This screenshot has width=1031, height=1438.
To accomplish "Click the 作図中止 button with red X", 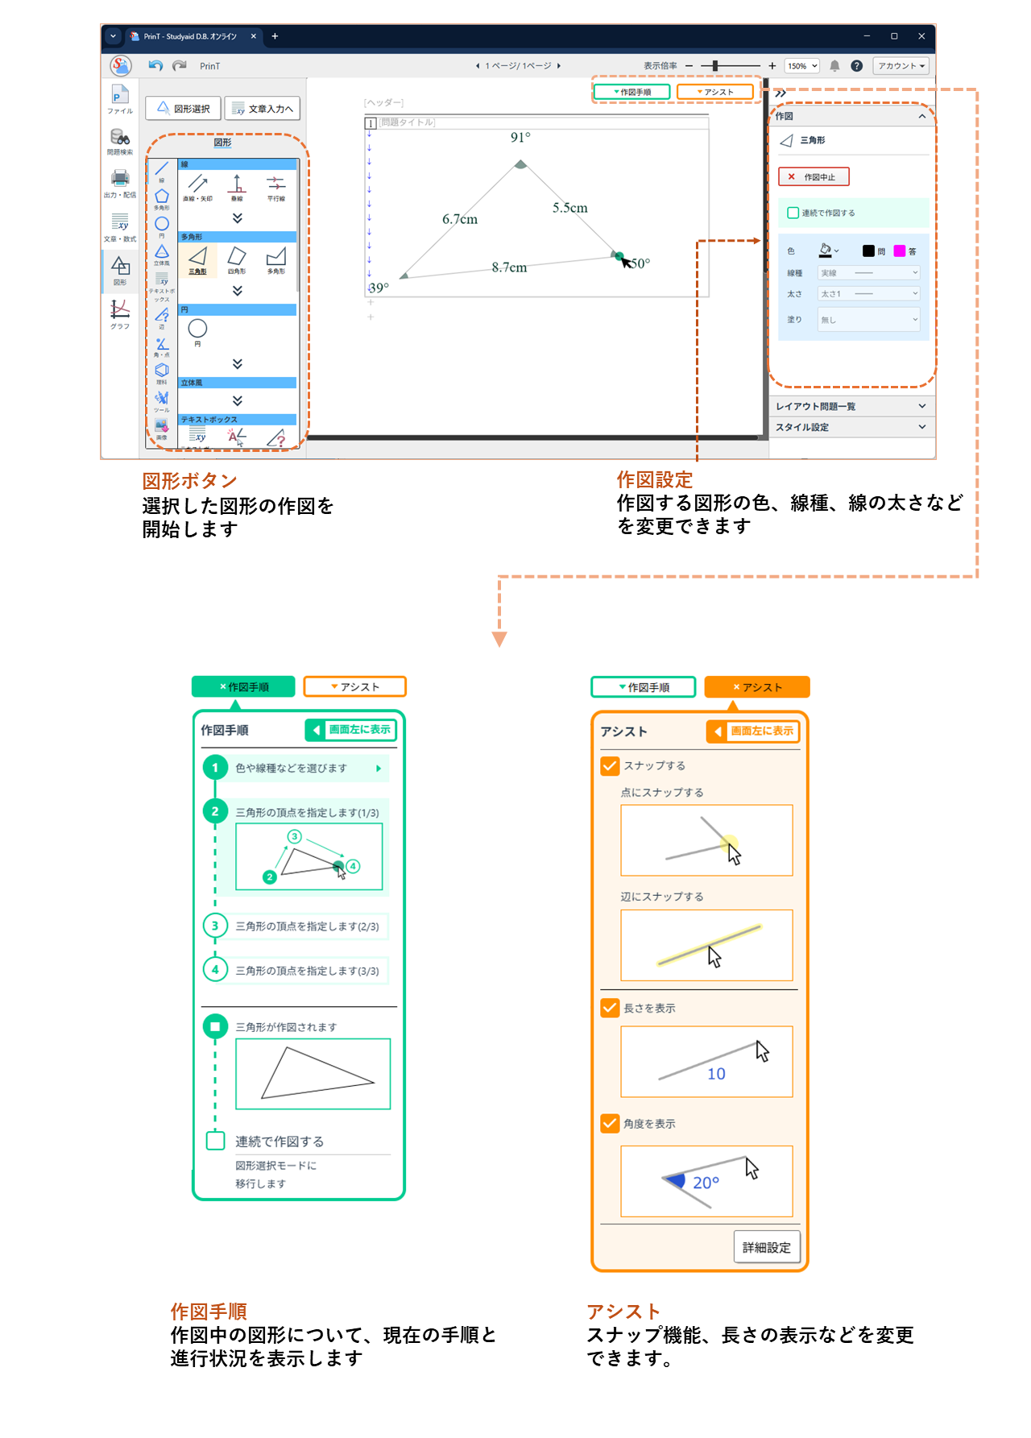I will tap(814, 177).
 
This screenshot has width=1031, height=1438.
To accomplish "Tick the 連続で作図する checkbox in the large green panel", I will tap(215, 1141).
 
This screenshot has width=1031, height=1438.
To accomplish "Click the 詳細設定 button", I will tap(766, 1247).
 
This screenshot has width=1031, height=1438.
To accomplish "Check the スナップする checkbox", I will tap(610, 765).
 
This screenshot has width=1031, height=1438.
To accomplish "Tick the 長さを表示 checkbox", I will tap(610, 1008).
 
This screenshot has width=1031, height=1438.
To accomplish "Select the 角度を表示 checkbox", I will tap(610, 1123).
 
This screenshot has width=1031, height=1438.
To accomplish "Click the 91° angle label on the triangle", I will tap(520, 138).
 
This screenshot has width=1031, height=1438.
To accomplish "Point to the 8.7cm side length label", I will tap(509, 267).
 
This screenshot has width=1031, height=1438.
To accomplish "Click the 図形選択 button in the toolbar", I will tap(184, 109).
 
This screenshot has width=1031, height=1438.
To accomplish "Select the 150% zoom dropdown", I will tap(802, 66).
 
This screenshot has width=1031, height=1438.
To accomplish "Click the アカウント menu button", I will tap(901, 66).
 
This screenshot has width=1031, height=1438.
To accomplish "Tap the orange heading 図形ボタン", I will tap(189, 481).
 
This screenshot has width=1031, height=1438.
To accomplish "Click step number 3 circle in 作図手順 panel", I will tap(215, 926).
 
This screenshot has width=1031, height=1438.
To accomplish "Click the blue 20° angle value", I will tap(706, 1183).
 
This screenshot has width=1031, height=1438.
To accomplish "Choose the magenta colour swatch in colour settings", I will tap(899, 251).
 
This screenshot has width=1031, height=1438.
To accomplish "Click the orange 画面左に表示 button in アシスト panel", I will tap(753, 731).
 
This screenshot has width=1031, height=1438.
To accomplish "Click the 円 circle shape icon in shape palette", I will tap(197, 329).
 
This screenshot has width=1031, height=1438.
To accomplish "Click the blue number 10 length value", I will tap(716, 1074).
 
